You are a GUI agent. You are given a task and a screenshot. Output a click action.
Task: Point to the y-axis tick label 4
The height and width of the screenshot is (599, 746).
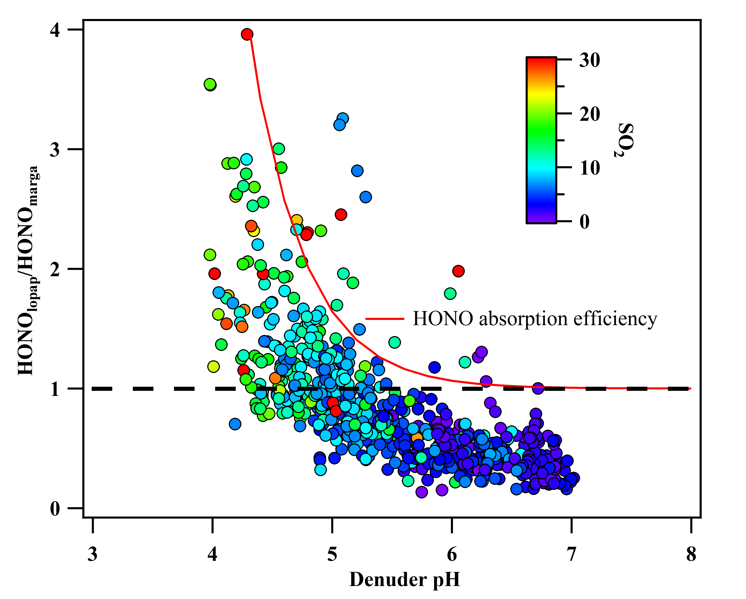pyautogui.click(x=55, y=30)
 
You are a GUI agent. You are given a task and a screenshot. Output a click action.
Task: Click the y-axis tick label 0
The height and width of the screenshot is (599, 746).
pyautogui.click(x=55, y=509)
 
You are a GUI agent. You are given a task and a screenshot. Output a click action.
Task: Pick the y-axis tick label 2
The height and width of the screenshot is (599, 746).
pyautogui.click(x=55, y=270)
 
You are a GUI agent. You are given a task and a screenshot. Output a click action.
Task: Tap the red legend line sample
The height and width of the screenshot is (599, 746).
pyautogui.click(x=385, y=319)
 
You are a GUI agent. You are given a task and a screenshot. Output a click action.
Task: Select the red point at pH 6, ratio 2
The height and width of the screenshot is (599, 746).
pyautogui.click(x=458, y=271)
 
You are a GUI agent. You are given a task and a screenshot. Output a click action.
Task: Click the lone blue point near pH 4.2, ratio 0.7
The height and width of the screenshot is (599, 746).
pyautogui.click(x=235, y=424)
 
